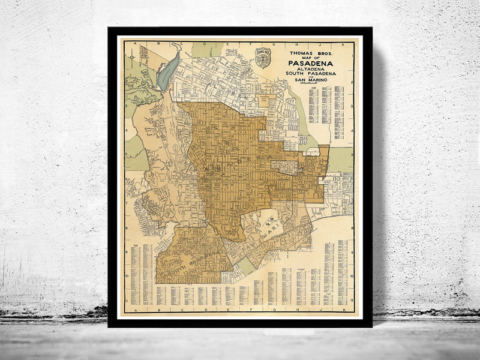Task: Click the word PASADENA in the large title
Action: [312, 62]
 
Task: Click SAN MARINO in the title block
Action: [312, 81]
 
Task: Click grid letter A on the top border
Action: [136, 44]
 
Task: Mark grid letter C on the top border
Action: [172, 44]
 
